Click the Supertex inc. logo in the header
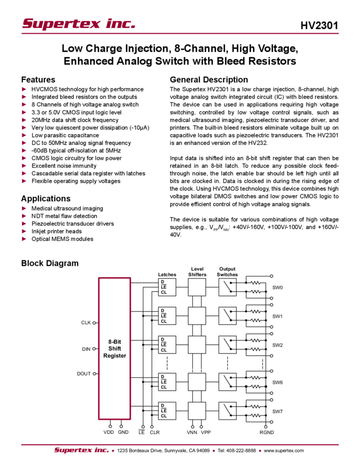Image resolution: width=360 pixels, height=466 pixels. (x=78, y=24)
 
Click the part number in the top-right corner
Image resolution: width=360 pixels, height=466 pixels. (x=324, y=25)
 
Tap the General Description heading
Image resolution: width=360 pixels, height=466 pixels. (x=208, y=79)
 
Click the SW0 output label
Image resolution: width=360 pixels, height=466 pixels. (x=277, y=288)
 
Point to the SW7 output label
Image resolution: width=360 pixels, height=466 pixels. (x=277, y=411)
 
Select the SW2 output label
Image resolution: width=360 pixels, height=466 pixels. (x=277, y=345)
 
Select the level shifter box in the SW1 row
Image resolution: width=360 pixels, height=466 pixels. (x=197, y=316)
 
